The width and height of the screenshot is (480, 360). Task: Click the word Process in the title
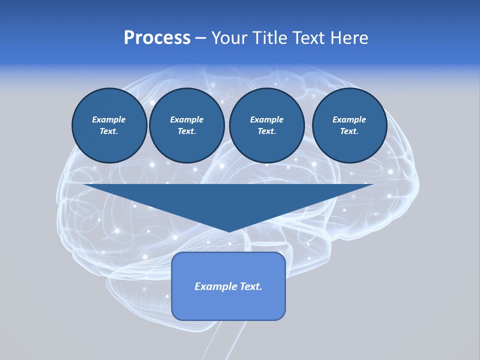[x=157, y=38]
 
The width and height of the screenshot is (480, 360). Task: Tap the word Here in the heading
[x=349, y=38]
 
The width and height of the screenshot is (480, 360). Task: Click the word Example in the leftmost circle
[x=109, y=119]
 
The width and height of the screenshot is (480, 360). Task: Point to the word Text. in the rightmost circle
[x=349, y=131]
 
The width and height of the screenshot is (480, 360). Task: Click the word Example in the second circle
[x=186, y=119]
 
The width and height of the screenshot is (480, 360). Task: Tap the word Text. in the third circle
[x=266, y=131]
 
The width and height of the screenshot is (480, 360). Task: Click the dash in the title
[x=200, y=38]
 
